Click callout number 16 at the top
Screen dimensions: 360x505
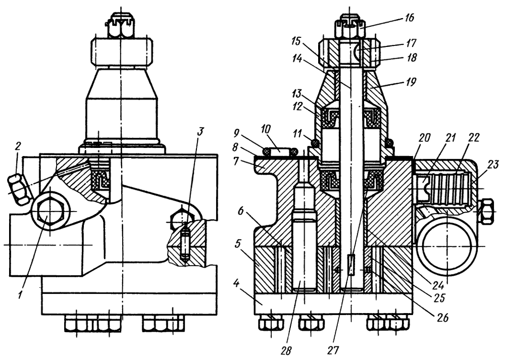[x=409, y=18]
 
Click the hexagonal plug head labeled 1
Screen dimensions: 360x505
[x=48, y=211]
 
